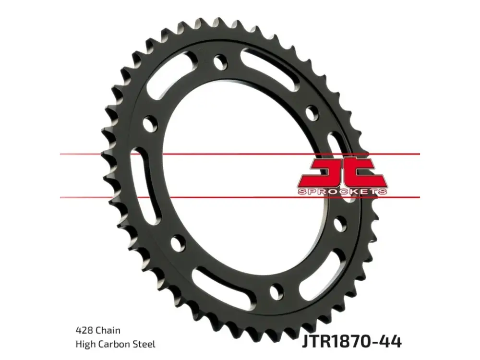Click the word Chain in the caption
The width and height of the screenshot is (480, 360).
108,330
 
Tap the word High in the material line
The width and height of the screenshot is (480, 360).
85,344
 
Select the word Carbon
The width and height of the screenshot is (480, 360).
114,344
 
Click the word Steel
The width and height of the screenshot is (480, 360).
144,344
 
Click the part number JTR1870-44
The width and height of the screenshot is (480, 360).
351,341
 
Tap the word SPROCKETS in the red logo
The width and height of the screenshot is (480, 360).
342,192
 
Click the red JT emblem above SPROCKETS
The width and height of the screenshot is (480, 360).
343,173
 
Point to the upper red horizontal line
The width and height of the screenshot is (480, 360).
240,154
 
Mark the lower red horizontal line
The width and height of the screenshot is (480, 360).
240,197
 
